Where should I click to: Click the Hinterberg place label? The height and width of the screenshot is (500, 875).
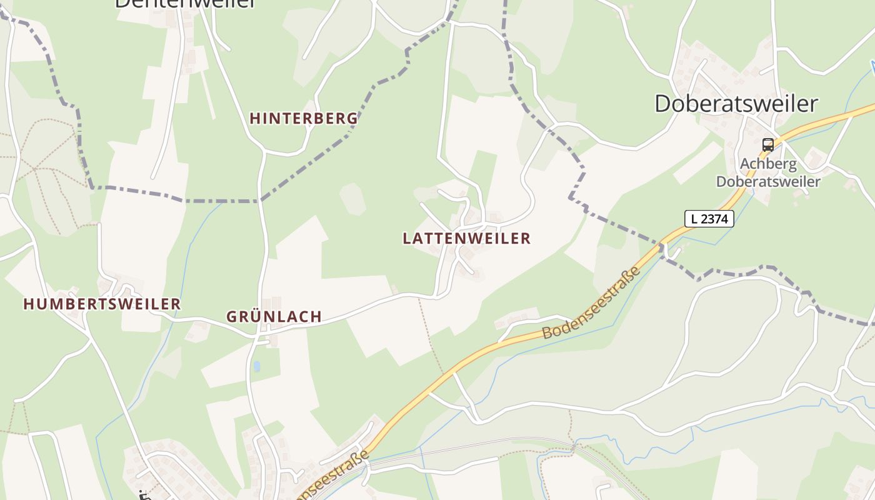pyautogui.click(x=304, y=118)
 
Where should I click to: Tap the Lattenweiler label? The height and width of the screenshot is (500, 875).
pyautogui.click(x=466, y=238)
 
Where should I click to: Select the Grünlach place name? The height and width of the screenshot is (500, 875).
pyautogui.click(x=274, y=316)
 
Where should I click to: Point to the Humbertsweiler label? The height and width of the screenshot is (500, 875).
pyautogui.click(x=102, y=304)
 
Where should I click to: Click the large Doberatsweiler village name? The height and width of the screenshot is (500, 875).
pyautogui.click(x=736, y=104)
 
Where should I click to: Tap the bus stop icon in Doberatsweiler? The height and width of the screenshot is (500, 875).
pyautogui.click(x=768, y=145)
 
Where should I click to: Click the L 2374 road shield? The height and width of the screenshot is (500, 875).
pyautogui.click(x=709, y=219)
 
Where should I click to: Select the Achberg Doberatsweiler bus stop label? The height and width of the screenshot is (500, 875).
pyautogui.click(x=768, y=173)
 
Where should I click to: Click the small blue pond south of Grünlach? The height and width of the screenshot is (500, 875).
pyautogui.click(x=256, y=366)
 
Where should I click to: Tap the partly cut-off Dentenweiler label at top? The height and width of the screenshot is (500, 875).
pyautogui.click(x=185, y=4)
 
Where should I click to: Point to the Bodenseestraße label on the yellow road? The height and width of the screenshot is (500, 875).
pyautogui.click(x=591, y=303)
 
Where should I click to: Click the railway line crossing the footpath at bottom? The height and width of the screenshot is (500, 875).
pyautogui.click(x=574, y=445)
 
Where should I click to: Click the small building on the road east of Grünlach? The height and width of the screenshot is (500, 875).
pyautogui.click(x=394, y=289)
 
